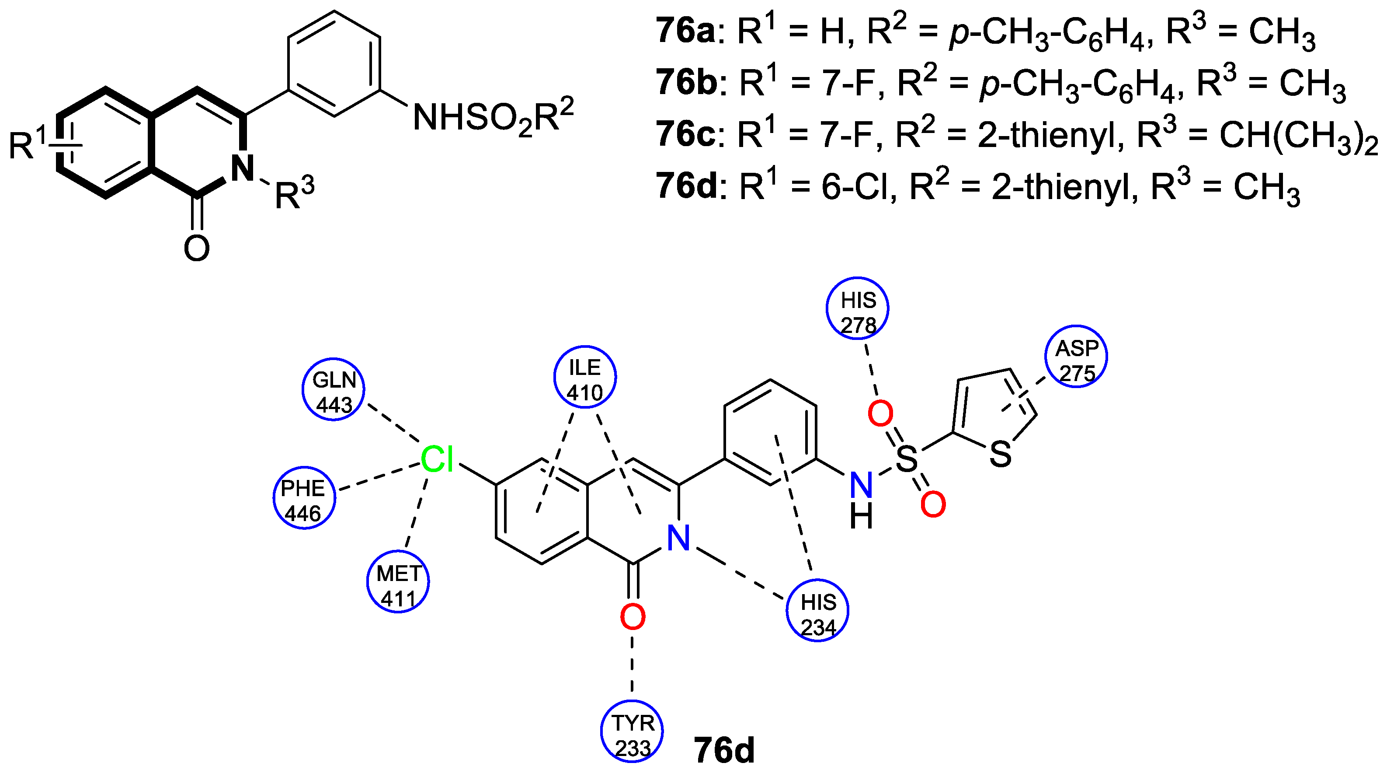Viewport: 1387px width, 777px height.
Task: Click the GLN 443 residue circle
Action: click(x=333, y=389)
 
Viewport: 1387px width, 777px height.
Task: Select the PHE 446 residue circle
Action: click(x=304, y=497)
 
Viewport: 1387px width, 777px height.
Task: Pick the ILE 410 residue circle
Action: click(x=585, y=377)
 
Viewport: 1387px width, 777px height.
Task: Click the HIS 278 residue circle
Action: click(x=857, y=308)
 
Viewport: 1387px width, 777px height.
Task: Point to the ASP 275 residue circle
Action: click(x=1076, y=356)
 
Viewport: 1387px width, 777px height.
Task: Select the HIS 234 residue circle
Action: click(x=817, y=610)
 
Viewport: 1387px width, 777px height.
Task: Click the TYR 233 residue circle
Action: click(x=632, y=731)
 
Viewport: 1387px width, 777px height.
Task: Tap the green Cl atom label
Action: click(x=437, y=460)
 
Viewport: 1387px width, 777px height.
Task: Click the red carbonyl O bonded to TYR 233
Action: click(x=633, y=617)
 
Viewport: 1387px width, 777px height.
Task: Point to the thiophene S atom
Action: click(x=1001, y=454)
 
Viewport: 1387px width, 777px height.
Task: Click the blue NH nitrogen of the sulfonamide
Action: click(x=861, y=485)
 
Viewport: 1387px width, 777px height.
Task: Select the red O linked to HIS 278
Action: click(x=880, y=414)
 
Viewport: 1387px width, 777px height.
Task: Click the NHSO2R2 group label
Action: click(x=493, y=117)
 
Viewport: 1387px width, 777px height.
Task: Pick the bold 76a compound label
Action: click(x=685, y=31)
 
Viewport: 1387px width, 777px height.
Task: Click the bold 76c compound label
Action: click(x=685, y=135)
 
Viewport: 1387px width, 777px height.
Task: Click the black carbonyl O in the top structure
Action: click(x=197, y=248)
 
